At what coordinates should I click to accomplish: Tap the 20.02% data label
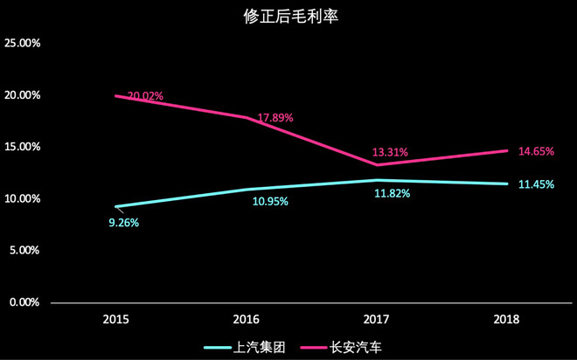point(146,96)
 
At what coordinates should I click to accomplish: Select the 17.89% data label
point(275,118)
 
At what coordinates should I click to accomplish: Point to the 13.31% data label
point(390,152)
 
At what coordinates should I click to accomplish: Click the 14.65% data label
point(536,151)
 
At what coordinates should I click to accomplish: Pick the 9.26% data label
point(123,223)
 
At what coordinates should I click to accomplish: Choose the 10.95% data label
point(270,202)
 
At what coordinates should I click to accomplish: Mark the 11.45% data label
point(536,184)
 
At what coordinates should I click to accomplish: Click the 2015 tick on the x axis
point(116,320)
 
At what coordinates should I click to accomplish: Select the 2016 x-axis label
point(247,320)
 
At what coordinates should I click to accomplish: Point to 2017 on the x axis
point(377,320)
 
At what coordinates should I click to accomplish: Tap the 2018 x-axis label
point(506,320)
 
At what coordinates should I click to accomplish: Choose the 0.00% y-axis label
point(25,302)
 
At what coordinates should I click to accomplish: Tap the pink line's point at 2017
point(377,164)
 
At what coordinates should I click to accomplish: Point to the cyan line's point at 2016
point(247,189)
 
